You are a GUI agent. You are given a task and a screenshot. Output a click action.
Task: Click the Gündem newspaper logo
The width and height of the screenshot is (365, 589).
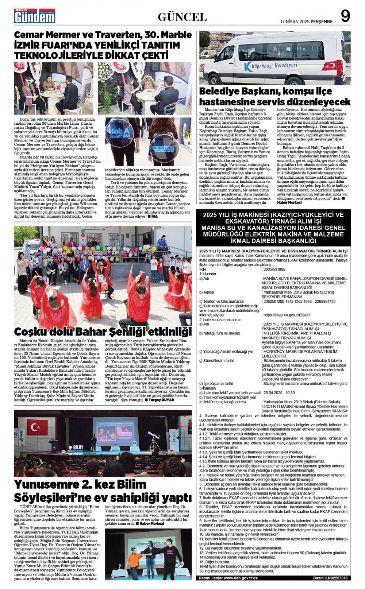[35, 16]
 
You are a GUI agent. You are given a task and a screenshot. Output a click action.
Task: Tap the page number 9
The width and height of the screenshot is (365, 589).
[345, 16]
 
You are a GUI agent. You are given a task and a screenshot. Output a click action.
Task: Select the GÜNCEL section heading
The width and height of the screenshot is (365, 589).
[182, 17]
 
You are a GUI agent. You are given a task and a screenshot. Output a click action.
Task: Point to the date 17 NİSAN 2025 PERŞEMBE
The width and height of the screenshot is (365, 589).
[306, 22]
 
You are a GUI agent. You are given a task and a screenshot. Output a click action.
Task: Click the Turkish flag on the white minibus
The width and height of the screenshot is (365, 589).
[330, 66]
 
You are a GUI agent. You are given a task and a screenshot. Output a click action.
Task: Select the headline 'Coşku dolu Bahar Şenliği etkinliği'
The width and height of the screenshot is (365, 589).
[103, 332]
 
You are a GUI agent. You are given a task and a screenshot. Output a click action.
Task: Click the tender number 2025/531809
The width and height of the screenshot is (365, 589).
[274, 270]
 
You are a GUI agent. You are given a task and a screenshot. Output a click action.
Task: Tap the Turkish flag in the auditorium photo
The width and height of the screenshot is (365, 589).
[37, 427]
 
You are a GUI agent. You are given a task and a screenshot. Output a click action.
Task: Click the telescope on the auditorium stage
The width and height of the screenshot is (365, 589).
[154, 438]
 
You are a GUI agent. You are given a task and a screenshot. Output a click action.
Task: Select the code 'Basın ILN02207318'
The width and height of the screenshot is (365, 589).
[330, 578]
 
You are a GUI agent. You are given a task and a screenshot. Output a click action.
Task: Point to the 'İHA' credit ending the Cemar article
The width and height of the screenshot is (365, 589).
[155, 216]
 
